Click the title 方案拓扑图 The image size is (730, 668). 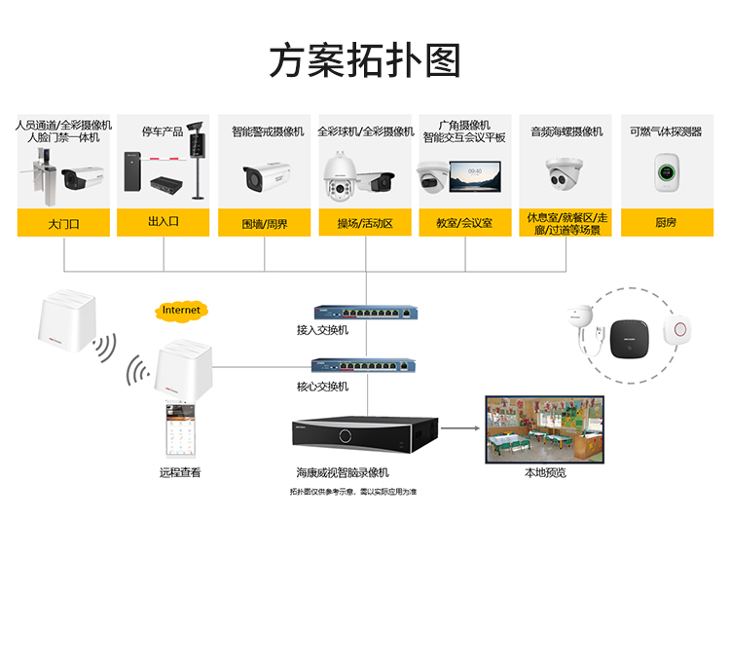pyautogui.click(x=365, y=60)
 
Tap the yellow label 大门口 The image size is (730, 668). pyautogui.click(x=63, y=223)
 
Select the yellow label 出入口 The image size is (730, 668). pyautogui.click(x=164, y=222)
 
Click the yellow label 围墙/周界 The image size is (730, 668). pyautogui.click(x=265, y=223)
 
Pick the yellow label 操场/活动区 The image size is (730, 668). pyautogui.click(x=365, y=223)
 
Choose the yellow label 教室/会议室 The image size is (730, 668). pyautogui.click(x=465, y=223)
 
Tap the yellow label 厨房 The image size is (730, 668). pyautogui.click(x=666, y=223)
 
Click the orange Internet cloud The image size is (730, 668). pyautogui.click(x=181, y=311)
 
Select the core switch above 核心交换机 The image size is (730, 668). pyautogui.click(x=360, y=366)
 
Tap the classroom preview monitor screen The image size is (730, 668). pyautogui.click(x=545, y=428)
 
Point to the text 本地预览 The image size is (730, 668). pyautogui.click(x=545, y=473)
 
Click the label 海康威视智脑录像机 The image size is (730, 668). pyautogui.click(x=343, y=472)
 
